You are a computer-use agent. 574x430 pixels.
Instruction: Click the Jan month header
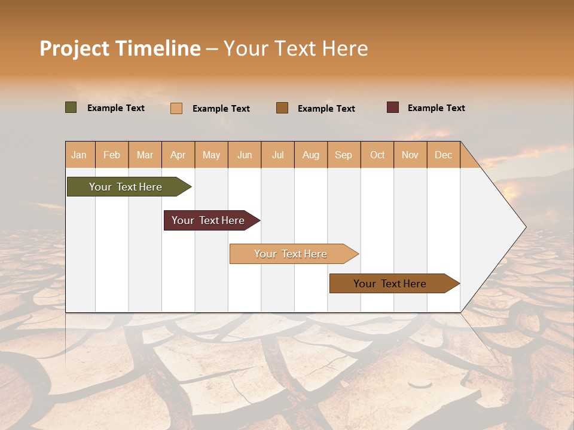point(79,155)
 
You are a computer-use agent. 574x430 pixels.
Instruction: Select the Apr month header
point(178,155)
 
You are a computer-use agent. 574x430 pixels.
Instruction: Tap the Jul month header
point(277,155)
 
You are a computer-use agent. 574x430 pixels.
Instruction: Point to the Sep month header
point(343,155)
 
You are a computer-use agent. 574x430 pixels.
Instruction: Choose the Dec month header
point(443,155)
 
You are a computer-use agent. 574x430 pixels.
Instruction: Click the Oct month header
point(377,155)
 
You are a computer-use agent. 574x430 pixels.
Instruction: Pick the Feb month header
point(112,155)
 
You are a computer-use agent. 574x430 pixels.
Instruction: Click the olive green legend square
point(71,107)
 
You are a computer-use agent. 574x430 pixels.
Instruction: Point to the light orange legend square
point(176,108)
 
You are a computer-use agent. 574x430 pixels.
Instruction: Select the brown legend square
point(282,107)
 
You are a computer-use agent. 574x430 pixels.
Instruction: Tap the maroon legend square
point(393,107)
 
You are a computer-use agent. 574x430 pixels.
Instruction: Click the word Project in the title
point(75,48)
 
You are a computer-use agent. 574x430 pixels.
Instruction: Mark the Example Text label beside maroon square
point(436,108)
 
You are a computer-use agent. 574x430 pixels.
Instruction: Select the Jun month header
point(245,155)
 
